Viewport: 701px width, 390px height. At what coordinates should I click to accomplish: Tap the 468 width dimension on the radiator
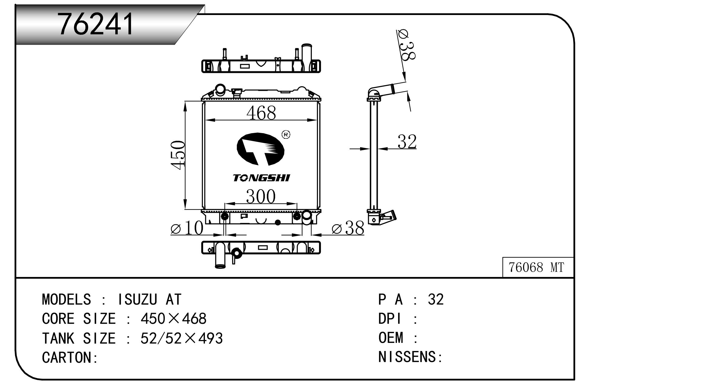click(x=261, y=113)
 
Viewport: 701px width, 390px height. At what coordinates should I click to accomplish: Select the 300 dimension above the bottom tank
click(x=261, y=197)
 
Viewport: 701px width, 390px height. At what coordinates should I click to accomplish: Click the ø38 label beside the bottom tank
click(x=348, y=228)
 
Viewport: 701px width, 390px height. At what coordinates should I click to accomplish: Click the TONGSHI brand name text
click(x=262, y=178)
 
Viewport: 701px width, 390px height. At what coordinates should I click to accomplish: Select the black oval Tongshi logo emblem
click(x=260, y=149)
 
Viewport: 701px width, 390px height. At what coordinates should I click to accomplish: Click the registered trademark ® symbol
click(x=286, y=135)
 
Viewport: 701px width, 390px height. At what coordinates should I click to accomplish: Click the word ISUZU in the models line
click(x=138, y=299)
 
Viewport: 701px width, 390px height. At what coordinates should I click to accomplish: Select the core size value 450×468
click(x=173, y=319)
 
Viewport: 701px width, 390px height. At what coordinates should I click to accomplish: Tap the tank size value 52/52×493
click(x=182, y=338)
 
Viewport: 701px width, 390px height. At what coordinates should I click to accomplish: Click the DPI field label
click(x=389, y=319)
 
